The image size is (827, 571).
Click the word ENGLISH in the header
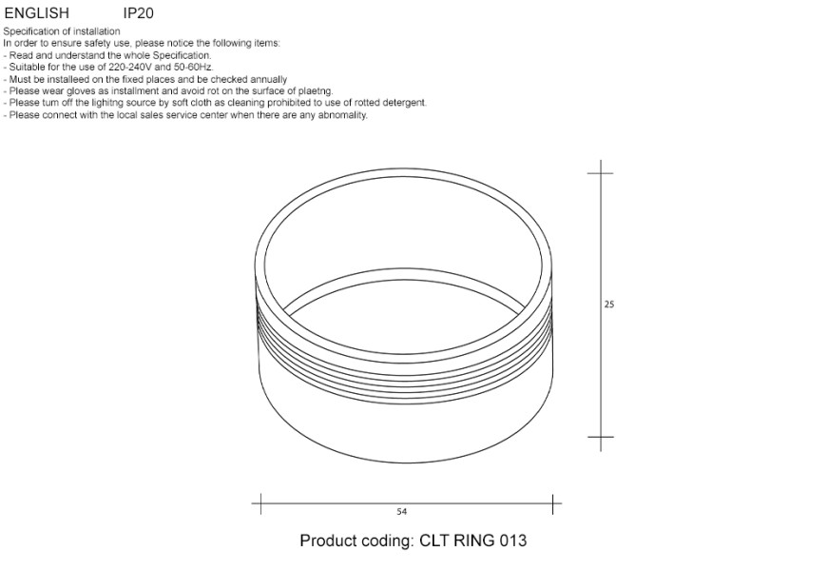coord(37,14)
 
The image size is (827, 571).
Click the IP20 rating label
coord(139,14)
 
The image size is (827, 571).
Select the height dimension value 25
coord(609,305)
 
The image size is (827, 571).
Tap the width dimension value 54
coord(402,512)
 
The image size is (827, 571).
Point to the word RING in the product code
coord(472,541)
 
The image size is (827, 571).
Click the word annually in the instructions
coord(267,80)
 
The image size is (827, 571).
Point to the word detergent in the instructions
coord(404,103)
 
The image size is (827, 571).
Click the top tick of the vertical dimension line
coord(600,173)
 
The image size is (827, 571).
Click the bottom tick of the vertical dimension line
coord(600,438)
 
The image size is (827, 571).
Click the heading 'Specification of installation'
coord(62,31)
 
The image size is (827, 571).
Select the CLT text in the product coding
coord(433,541)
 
